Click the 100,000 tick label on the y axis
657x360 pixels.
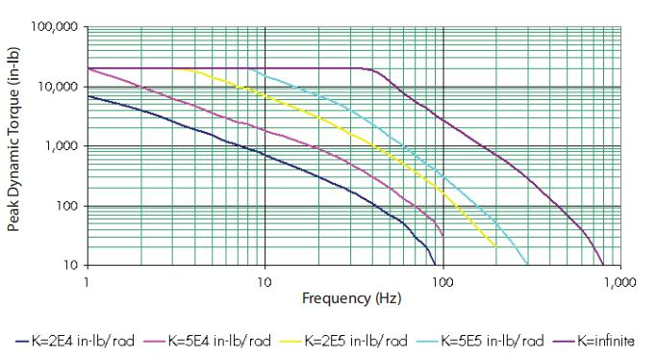(55, 27)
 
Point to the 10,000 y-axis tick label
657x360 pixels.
(58, 87)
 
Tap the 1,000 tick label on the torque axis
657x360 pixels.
(62, 146)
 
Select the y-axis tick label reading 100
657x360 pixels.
(67, 206)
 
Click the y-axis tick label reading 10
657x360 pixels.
(71, 266)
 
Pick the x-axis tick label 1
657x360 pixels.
(87, 282)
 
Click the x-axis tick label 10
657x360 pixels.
(265, 282)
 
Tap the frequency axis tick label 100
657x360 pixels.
(442, 282)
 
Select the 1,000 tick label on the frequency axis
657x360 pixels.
(619, 282)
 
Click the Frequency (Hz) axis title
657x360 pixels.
(351, 298)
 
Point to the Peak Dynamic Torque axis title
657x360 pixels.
(13, 140)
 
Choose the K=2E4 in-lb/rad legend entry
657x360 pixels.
(75, 341)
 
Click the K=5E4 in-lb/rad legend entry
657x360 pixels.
(208, 341)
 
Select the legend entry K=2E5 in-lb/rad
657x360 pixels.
(344, 341)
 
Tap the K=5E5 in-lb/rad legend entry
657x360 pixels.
(481, 341)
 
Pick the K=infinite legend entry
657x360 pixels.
(594, 341)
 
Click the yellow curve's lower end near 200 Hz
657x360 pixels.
(495, 246)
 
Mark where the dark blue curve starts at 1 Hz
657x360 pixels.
(88, 96)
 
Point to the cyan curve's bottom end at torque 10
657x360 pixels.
(527, 265)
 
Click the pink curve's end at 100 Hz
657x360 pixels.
(442, 235)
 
